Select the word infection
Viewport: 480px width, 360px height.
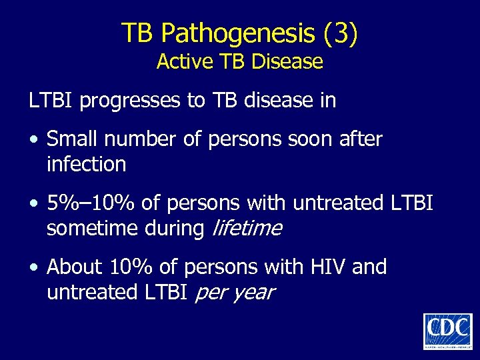point(86,164)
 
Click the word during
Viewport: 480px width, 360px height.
point(174,228)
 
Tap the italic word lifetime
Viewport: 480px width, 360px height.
point(246,228)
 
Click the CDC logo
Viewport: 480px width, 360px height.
point(447,331)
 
